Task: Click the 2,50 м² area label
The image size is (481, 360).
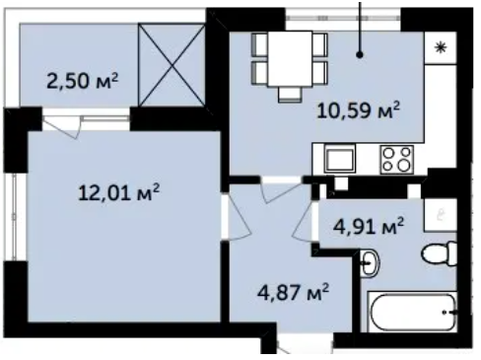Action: [x=82, y=81]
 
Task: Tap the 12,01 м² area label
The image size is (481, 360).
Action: [x=119, y=192]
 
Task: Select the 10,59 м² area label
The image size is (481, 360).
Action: [x=359, y=110]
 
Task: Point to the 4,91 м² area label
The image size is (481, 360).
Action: [x=369, y=226]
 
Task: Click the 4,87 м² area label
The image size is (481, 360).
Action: [x=293, y=292]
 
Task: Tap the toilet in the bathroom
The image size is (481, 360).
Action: [x=440, y=253]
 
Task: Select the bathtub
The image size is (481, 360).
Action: [x=412, y=312]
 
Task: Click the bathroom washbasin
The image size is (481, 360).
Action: [x=370, y=263]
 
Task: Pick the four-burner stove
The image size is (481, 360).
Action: [x=396, y=160]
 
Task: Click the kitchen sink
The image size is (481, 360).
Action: [x=340, y=160]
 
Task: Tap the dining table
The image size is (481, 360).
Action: [x=290, y=59]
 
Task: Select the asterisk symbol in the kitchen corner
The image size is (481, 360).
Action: [x=441, y=48]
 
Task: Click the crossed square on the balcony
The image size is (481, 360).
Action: [x=172, y=65]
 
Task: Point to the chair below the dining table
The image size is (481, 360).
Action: [x=290, y=95]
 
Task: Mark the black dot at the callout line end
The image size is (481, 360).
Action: [x=360, y=55]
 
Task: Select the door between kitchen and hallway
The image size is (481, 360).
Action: [x=280, y=191]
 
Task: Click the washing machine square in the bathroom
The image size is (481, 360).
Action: [x=441, y=215]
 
